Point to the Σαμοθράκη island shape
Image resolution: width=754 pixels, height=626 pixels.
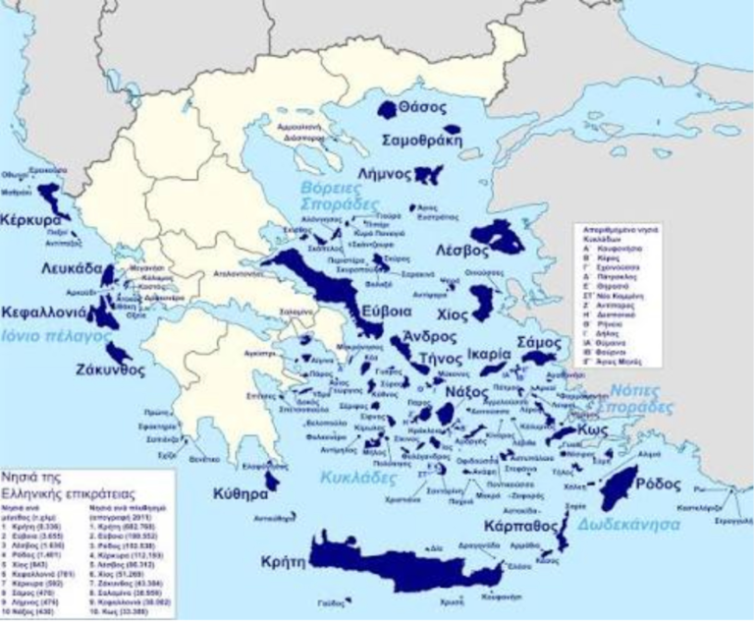[454, 130]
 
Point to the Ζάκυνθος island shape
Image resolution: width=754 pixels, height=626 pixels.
[120, 350]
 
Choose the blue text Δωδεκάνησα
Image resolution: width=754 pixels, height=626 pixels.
[630, 524]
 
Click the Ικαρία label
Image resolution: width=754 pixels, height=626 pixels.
[489, 352]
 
